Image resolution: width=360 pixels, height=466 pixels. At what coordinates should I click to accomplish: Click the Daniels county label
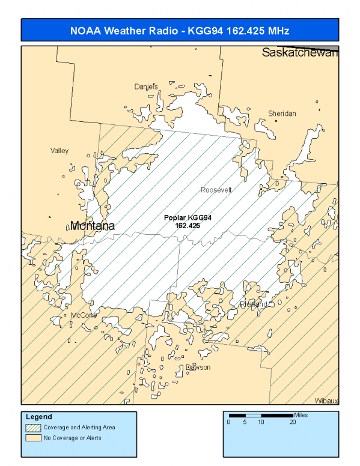[x=145, y=86]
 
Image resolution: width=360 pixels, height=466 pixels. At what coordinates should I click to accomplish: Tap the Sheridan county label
[x=282, y=113]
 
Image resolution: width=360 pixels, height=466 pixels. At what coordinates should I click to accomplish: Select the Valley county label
[x=59, y=151]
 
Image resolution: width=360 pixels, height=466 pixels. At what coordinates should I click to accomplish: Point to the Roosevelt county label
[x=216, y=190]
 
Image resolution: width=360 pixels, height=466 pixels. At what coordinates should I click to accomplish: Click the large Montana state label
[x=92, y=226]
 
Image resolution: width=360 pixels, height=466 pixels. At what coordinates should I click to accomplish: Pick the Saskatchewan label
[x=300, y=53]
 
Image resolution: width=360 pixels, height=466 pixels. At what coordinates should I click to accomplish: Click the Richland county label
[x=253, y=304]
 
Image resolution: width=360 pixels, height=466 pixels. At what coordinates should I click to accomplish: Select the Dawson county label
[x=198, y=368]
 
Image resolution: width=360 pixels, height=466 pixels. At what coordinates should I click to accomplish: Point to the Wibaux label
[x=326, y=401]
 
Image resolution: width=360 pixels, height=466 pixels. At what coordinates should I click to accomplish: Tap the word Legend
[x=39, y=417]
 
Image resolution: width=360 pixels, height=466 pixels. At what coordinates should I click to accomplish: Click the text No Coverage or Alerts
[x=72, y=438]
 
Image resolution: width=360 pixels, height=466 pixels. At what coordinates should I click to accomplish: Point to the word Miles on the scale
[x=301, y=415]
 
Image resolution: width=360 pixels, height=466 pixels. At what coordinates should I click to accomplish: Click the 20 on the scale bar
[x=293, y=422]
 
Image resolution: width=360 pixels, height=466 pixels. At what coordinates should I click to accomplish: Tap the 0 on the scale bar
[x=228, y=422]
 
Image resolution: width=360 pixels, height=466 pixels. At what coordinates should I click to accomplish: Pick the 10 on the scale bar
[x=261, y=422]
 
